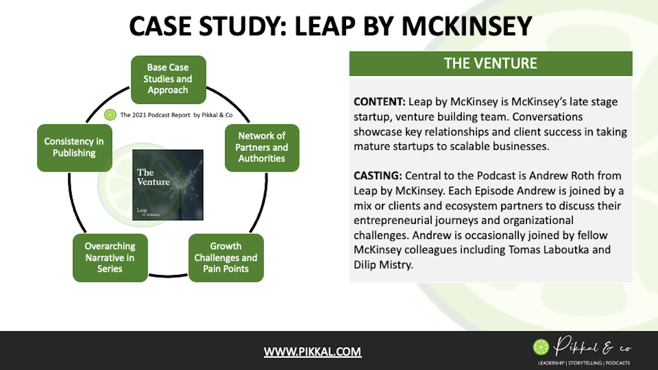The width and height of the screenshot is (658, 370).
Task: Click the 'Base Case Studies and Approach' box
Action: pyautogui.click(x=168, y=79)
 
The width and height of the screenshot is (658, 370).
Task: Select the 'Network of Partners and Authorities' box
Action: pyautogui.click(x=262, y=148)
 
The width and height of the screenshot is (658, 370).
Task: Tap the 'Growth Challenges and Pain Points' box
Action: pyautogui.click(x=226, y=258)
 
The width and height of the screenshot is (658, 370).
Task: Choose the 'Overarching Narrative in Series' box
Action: pyautogui.click(x=110, y=258)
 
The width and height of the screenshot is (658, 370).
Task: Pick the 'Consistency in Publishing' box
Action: pyautogui.click(x=74, y=148)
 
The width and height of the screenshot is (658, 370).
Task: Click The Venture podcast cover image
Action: pyautogui.click(x=168, y=185)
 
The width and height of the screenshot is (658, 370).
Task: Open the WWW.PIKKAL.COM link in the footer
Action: pyautogui.click(x=313, y=352)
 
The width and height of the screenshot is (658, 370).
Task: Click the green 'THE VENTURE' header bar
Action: pyautogui.click(x=491, y=63)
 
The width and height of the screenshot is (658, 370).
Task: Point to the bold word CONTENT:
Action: pyautogui.click(x=380, y=102)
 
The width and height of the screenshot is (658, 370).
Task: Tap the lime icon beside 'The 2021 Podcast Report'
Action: pyautogui.click(x=110, y=115)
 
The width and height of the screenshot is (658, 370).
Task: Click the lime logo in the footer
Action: pyautogui.click(x=541, y=347)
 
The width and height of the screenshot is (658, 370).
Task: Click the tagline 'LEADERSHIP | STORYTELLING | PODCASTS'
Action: pyautogui.click(x=583, y=362)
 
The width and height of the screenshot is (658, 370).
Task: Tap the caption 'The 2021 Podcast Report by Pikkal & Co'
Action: pyautogui.click(x=176, y=115)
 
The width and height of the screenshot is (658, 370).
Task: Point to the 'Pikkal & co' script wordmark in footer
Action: pyautogui.click(x=590, y=347)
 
